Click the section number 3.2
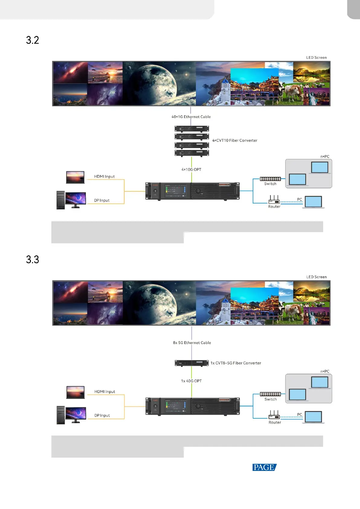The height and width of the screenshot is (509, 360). (32, 40)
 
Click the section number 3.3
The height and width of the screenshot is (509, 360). (32, 260)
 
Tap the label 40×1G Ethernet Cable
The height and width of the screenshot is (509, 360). (191, 117)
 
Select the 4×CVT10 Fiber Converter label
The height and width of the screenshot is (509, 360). (235, 141)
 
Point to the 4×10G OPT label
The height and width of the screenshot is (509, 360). (191, 170)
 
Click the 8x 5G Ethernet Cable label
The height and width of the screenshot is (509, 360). (192, 343)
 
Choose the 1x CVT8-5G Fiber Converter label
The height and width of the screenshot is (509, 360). (236, 363)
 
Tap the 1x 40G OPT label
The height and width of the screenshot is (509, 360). (191, 381)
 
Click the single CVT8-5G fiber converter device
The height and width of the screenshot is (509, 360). (192, 363)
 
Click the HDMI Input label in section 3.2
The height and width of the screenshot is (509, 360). (104, 177)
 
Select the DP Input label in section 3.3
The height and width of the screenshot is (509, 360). (102, 416)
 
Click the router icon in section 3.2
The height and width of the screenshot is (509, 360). (274, 200)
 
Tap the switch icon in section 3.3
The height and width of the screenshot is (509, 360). (270, 394)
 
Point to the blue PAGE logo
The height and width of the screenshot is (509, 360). (264, 467)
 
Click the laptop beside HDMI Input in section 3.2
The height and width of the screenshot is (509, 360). (75, 177)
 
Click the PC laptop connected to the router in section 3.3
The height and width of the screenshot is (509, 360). (313, 417)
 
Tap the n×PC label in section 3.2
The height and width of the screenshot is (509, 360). (325, 157)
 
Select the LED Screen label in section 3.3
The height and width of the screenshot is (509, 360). (316, 277)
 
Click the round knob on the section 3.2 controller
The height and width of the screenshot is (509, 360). (198, 191)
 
